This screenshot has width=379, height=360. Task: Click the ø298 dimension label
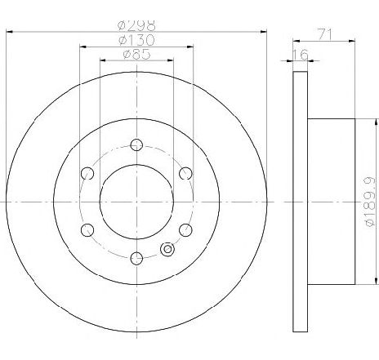pos(137,25)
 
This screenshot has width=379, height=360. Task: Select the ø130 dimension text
pos(136,40)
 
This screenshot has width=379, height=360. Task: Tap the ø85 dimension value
pos(136,55)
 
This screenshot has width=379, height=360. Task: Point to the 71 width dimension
pos(325,33)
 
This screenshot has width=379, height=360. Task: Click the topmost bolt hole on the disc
pos(136,144)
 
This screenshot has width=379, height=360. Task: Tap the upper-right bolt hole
pos(185,172)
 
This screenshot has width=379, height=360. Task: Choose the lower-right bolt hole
pos(185,229)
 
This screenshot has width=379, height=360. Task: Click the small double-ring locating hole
pos(168,250)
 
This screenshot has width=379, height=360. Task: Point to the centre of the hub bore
pos(136,201)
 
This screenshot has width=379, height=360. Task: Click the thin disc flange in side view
pos(299,201)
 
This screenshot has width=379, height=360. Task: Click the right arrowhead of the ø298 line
pos(264,32)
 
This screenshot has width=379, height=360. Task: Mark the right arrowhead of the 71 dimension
pos(356,41)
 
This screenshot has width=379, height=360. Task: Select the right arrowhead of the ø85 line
pos(171,61)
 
